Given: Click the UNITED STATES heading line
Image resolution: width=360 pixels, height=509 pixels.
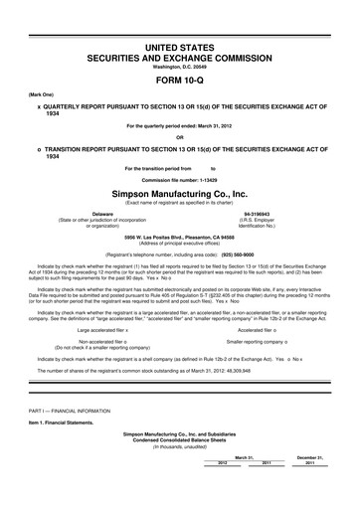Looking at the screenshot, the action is click(x=180, y=47).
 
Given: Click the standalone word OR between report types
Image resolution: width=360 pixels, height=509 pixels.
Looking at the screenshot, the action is click(x=180, y=137).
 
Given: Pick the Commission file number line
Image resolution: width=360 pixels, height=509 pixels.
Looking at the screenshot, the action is click(x=180, y=179).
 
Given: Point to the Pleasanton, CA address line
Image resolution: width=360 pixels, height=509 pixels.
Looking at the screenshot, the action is click(x=180, y=238).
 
